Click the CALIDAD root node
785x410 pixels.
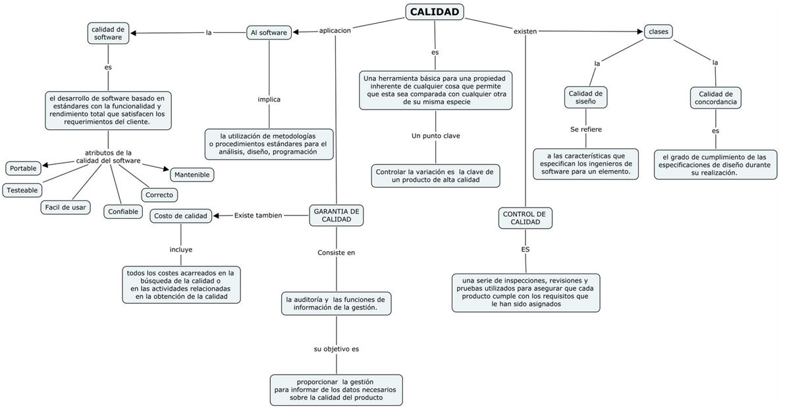coord(434,12)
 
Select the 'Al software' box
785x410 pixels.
coord(269,32)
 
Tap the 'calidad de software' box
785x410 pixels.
coord(108,33)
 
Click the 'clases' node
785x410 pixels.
coord(659,31)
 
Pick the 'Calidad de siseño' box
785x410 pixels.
coord(585,98)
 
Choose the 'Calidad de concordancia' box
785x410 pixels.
coord(716,98)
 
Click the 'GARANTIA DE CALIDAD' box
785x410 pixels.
coord(337,215)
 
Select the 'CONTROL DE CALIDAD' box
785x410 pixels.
coord(525,218)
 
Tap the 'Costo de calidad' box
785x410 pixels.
coord(181,216)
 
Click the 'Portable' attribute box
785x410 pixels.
coord(23,168)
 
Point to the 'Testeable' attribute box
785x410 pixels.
coord(23,190)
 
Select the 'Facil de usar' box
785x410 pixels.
coord(65,208)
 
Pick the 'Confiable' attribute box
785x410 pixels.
coord(123,211)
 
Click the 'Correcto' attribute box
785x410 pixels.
coord(159,194)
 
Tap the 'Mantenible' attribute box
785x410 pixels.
coord(192,175)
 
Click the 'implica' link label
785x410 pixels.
coord(269,100)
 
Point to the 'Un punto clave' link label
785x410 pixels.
coord(435,136)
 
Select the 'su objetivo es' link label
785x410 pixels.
coord(336,349)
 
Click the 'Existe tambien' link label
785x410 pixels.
coord(258,215)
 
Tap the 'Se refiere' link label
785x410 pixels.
coord(585,129)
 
